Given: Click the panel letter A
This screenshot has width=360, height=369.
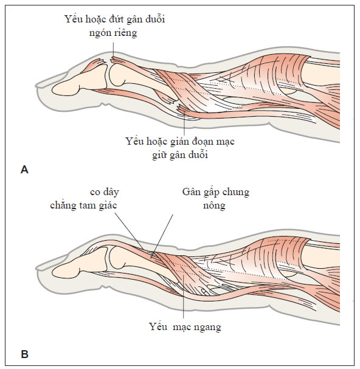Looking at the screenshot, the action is coord(24,170).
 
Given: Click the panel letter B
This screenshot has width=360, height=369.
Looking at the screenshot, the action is coord(24,354).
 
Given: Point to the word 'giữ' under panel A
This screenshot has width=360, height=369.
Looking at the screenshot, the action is coord(160,155).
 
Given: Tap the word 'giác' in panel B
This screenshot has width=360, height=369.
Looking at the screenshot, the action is coord(108,205).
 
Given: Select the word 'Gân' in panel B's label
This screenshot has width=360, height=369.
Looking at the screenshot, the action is coord(190,192).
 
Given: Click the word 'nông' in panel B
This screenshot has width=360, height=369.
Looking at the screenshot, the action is coord(214,205).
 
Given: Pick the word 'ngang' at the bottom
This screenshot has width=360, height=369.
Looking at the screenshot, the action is coord(207,327).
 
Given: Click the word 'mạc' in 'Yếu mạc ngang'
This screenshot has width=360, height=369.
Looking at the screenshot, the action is coord(182,327).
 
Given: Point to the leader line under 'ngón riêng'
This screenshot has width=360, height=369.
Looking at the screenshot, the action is coord(113,50).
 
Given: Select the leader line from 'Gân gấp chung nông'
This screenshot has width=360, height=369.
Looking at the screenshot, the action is coord(163,235).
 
